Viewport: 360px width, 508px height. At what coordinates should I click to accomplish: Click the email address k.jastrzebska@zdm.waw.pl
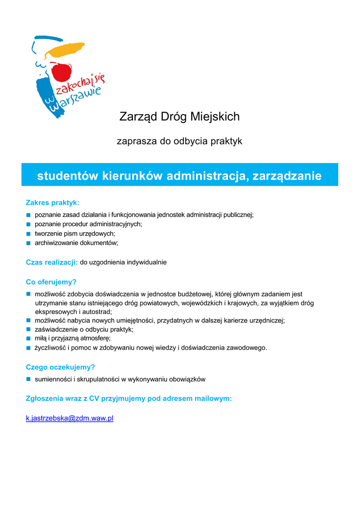coord(70,418)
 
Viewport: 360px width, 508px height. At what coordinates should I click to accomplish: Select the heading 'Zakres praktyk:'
coord(52,202)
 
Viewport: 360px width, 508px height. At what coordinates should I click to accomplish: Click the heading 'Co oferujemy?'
coord(51,282)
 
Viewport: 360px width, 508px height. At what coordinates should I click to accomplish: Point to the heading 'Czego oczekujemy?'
coord(60,367)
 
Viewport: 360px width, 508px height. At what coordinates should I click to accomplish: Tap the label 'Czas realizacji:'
coord(52,262)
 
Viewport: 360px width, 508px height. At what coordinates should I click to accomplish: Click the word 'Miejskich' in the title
coord(215,117)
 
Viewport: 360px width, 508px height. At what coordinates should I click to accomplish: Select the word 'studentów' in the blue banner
coord(68,176)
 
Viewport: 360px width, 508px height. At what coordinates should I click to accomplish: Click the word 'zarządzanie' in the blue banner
coord(287,176)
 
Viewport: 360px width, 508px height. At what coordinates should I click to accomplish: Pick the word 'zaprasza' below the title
coord(136,141)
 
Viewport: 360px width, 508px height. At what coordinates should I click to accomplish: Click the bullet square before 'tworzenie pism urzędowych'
coord(29,234)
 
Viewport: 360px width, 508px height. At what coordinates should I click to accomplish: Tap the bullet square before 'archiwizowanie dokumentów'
coord(29,243)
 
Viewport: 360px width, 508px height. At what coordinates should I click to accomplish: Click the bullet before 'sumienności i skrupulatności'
coord(29,380)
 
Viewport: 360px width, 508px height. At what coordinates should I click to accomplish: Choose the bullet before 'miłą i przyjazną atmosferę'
coord(29,338)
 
